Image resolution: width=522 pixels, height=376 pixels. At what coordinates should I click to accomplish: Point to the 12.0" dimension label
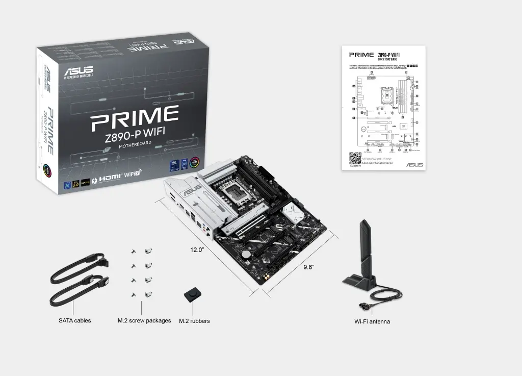(197, 250)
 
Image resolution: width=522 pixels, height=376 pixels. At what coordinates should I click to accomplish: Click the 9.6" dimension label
(309, 267)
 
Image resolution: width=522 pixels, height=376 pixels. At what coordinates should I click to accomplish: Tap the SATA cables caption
(74, 320)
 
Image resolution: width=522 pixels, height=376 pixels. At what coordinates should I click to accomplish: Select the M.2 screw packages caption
(144, 320)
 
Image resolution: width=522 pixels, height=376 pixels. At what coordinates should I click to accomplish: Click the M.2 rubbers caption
(194, 321)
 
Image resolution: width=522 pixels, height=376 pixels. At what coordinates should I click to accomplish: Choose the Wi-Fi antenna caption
(372, 321)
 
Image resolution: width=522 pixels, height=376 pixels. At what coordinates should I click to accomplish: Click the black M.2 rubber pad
(192, 294)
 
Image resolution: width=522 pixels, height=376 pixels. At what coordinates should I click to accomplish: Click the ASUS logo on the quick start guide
(414, 165)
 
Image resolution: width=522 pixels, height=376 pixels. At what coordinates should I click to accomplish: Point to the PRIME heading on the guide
(361, 54)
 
